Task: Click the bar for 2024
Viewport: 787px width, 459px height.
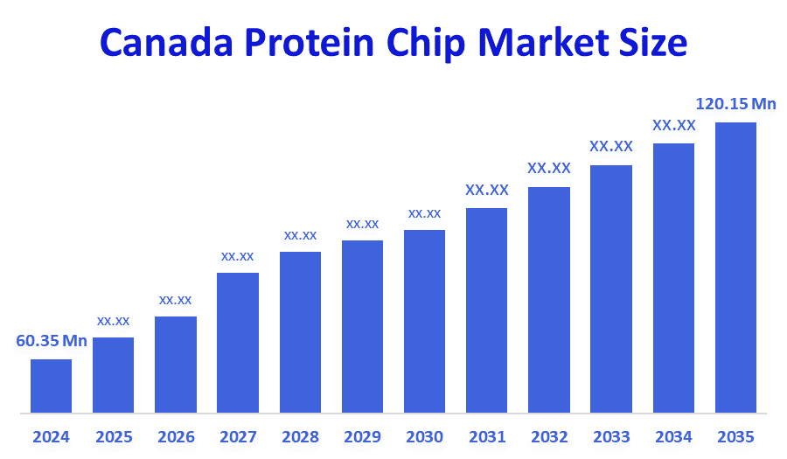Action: click(x=51, y=386)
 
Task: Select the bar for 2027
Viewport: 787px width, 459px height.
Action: click(x=238, y=343)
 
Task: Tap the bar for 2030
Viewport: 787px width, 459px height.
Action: click(x=424, y=321)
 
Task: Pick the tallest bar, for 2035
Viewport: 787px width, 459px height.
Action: click(x=735, y=268)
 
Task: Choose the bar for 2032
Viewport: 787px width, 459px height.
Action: click(x=549, y=300)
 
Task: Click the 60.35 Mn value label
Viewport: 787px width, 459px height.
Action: click(x=52, y=341)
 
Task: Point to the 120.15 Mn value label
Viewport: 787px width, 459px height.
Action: click(x=735, y=104)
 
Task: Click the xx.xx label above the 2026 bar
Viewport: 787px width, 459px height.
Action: click(x=175, y=300)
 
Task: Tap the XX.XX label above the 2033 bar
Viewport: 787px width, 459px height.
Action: click(x=610, y=146)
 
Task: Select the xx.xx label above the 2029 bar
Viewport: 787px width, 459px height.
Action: click(x=362, y=224)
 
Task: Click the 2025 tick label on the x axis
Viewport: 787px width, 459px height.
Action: click(x=113, y=436)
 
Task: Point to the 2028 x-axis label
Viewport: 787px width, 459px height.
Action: click(x=300, y=436)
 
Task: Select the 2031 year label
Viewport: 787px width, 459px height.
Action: click(x=486, y=436)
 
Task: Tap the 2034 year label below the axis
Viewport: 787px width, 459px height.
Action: click(x=673, y=436)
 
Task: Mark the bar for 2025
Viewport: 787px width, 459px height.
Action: click(x=113, y=375)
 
